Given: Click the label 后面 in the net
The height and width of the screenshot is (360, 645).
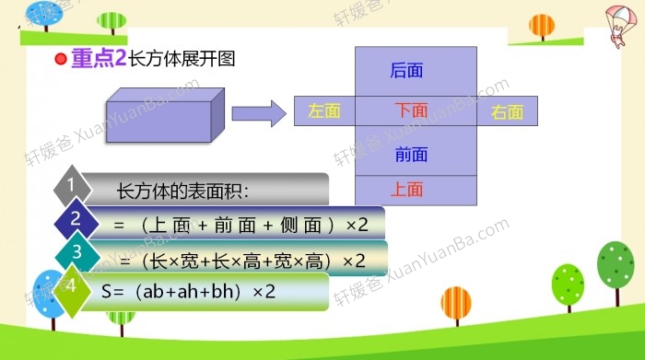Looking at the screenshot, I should click(x=406, y=71).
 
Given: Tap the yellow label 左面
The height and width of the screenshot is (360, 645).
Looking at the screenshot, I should click(x=324, y=110).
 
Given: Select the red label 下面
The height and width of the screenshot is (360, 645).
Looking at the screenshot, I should click(x=411, y=110).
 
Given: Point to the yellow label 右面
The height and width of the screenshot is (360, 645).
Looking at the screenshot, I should click(x=507, y=112).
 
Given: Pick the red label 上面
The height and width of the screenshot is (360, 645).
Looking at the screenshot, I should click(x=406, y=190).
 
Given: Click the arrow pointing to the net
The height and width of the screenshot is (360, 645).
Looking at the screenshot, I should click(x=258, y=113).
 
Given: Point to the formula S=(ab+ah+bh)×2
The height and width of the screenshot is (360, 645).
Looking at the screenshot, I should click(x=189, y=293).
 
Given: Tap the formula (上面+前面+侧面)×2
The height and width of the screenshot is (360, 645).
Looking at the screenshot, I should click(x=240, y=225).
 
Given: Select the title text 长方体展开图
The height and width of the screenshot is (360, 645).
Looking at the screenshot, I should click(x=182, y=59).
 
